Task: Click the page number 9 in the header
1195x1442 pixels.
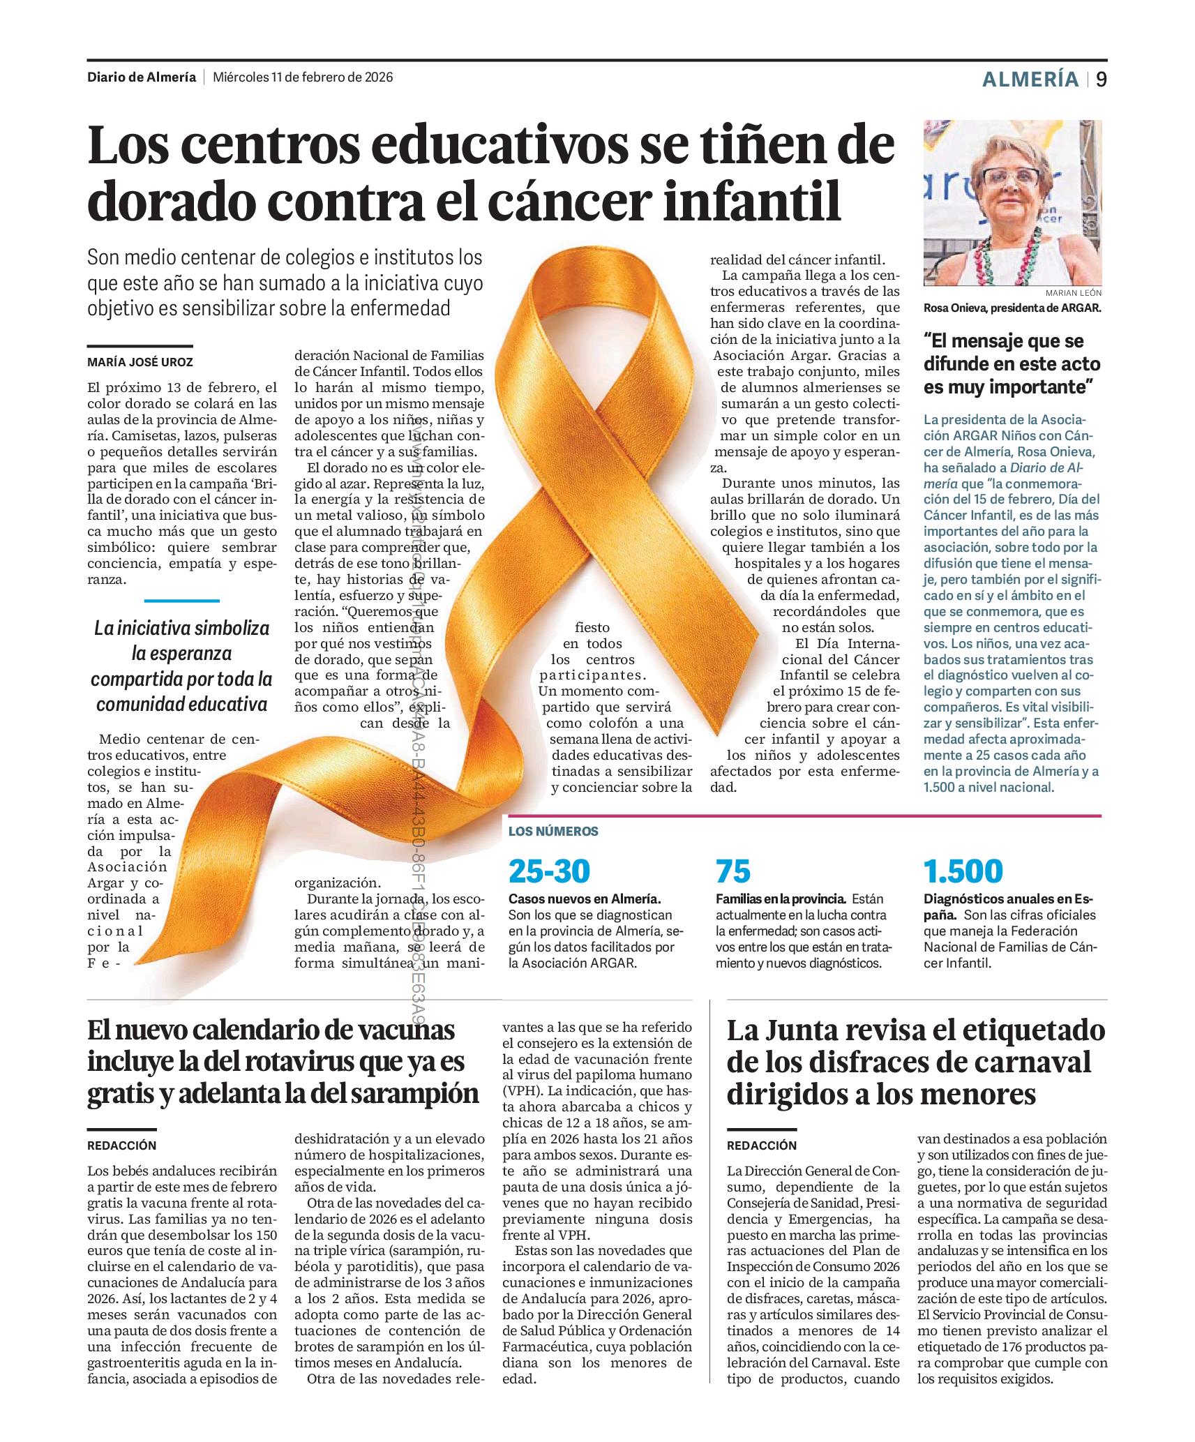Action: coord(1101,80)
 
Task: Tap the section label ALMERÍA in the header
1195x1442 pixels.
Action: coord(1030,80)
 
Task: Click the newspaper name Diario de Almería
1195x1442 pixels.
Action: coord(142,77)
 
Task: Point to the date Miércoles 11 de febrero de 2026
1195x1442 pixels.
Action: coord(303,77)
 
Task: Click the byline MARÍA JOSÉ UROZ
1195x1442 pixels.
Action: coord(140,362)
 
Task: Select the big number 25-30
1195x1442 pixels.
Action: coord(549,871)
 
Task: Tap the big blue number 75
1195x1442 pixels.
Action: coord(733,871)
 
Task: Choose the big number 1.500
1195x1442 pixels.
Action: coord(963,871)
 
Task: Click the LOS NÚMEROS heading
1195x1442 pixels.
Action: coord(553,831)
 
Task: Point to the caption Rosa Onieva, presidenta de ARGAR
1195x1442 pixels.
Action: coord(1012,308)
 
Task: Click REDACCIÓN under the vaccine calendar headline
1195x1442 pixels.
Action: coord(122,1146)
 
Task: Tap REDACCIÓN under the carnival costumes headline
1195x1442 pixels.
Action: coord(761,1146)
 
